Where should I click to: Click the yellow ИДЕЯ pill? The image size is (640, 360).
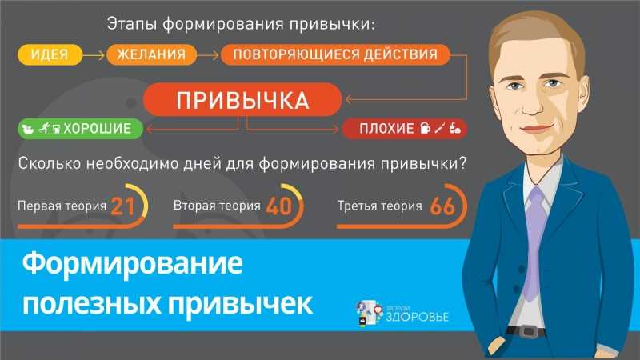[x=50, y=54]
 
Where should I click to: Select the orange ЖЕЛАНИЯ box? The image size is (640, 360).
[x=151, y=54]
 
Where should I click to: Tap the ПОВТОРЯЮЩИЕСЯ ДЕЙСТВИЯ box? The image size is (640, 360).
[x=335, y=54]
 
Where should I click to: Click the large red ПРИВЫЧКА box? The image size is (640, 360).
[x=242, y=99]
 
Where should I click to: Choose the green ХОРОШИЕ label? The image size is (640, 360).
[x=81, y=129]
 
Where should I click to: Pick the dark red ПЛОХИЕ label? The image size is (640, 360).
[x=405, y=129]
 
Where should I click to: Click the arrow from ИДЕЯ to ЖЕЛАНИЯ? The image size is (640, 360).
[x=94, y=54]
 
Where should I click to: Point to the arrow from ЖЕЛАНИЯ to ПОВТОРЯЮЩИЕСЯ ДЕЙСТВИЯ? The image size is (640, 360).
[x=208, y=54]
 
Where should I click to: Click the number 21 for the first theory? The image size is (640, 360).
[x=122, y=206]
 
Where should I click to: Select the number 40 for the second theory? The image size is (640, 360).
[x=279, y=206]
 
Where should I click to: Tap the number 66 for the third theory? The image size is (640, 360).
[x=442, y=206]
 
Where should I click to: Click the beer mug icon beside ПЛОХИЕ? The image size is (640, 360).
[x=425, y=129]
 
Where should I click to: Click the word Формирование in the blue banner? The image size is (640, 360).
[x=132, y=264]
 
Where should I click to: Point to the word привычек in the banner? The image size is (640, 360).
[x=241, y=304]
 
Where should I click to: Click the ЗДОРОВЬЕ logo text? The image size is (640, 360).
[x=417, y=317]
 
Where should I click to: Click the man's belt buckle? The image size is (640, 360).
[x=528, y=331]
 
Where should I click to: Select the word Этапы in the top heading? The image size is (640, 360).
[x=132, y=24]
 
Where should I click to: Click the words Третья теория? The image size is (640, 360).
[x=379, y=206]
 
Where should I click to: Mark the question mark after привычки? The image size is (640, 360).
[x=462, y=163]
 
